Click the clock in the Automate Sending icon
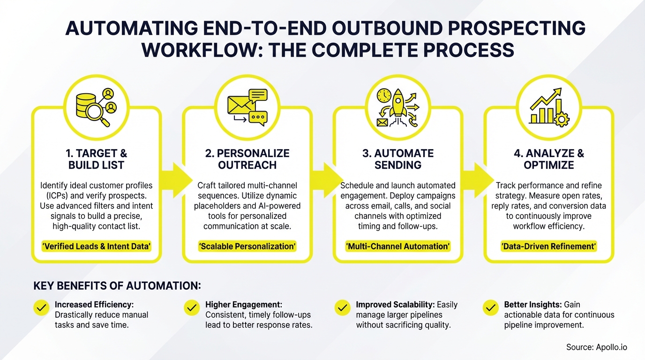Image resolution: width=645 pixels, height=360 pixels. point(383,95)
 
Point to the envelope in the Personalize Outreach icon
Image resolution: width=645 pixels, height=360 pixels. point(240,105)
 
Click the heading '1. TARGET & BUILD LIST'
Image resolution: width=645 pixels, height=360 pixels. point(97,159)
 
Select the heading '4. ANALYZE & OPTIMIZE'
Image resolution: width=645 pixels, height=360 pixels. point(548,159)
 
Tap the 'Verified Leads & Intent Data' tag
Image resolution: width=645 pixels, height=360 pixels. point(97,247)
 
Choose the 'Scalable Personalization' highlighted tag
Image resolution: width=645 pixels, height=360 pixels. point(247,247)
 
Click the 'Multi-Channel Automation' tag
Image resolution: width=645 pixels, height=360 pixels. point(398,247)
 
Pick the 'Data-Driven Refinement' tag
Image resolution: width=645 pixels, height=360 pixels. point(548,247)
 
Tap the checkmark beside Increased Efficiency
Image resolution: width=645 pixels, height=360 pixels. point(41,308)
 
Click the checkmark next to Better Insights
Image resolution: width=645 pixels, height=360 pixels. point(490,308)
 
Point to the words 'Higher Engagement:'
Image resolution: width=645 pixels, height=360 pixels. point(244,305)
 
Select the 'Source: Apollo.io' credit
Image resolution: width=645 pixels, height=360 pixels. point(596,347)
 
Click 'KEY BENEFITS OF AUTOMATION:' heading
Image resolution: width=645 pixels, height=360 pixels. point(117,285)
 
